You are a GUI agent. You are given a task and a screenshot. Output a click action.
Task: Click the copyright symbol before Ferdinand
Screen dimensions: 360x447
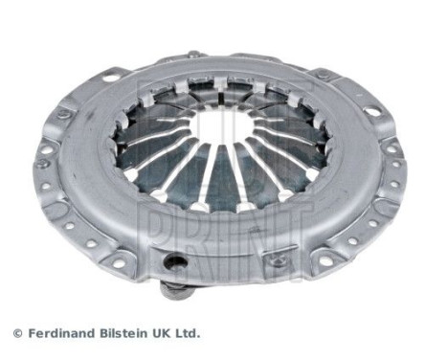pyautogui.click(x=16, y=333)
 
